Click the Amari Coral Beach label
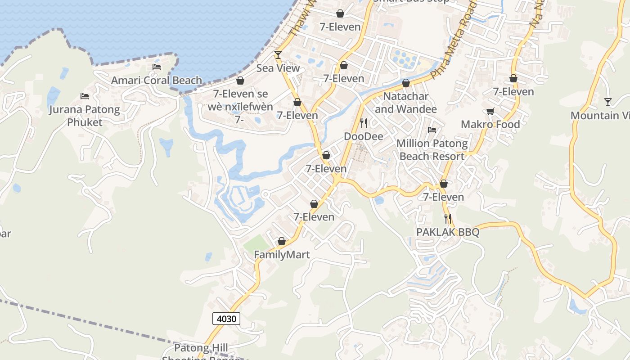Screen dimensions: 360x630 pos(156,81)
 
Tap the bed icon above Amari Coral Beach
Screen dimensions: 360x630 pos(156,67)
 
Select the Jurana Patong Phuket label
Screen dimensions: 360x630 pos(85,116)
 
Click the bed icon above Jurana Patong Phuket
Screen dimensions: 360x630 pos(84,96)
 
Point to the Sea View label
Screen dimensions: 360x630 pos(278,68)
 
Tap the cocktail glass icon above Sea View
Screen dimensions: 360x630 pos(278,55)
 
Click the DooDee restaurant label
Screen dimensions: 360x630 pos(364,136)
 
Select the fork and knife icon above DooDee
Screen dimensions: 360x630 pos(364,123)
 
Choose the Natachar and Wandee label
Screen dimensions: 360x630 pos(405,103)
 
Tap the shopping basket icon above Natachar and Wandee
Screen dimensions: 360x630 pos(405,83)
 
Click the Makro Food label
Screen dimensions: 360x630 pos(490,124)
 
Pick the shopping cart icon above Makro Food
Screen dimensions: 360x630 pos(490,111)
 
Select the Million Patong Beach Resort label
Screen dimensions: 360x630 pos(432,150)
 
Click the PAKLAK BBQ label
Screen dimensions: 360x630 pos(448,232)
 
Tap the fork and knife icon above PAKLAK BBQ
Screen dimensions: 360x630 pos(448,219)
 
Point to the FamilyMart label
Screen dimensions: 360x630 pos(282,255)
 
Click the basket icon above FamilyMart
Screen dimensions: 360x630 pos(282,242)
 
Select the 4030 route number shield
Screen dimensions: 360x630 pos(226,319)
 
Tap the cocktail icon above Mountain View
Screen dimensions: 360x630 pos(608,102)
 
